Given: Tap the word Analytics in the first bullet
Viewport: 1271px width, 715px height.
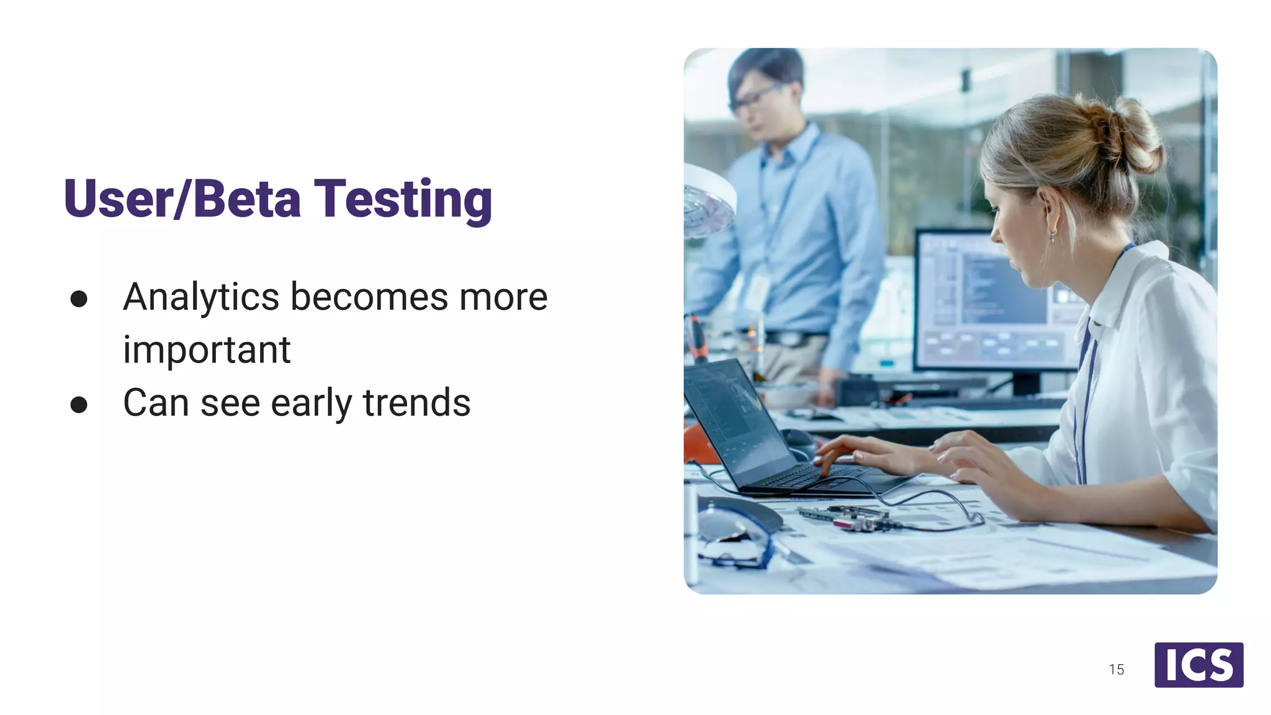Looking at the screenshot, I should pyautogui.click(x=201, y=297).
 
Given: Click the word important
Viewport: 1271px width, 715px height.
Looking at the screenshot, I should pyautogui.click(x=207, y=350).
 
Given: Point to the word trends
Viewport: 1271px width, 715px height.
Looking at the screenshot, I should pyautogui.click(x=417, y=403).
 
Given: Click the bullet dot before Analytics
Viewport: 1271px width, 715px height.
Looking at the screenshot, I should pyautogui.click(x=79, y=299).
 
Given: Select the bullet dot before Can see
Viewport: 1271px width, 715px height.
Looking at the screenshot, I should pyautogui.click(x=79, y=405).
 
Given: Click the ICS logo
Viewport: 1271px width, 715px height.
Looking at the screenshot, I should pyautogui.click(x=1198, y=665).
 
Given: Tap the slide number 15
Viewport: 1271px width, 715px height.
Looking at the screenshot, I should pyautogui.click(x=1116, y=670).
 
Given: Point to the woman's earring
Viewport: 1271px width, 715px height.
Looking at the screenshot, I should pyautogui.click(x=1053, y=236).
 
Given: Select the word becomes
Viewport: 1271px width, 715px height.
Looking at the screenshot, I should pyautogui.click(x=369, y=297).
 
